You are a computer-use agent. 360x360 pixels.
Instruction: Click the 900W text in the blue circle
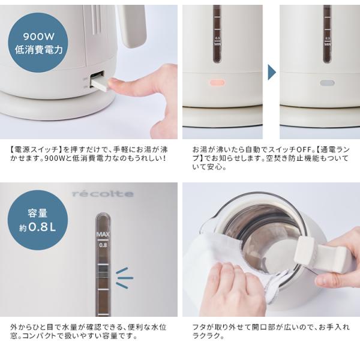pyautogui.click(x=38, y=37)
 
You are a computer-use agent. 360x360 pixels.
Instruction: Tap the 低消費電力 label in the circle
pyautogui.click(x=38, y=50)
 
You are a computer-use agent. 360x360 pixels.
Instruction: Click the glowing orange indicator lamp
pyautogui.click(x=217, y=83)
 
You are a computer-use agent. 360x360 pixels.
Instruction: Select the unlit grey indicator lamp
pyautogui.click(x=327, y=83)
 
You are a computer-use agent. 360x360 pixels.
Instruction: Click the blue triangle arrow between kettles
pyautogui.click(x=271, y=73)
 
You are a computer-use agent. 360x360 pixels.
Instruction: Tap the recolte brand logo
pyautogui.click(x=103, y=194)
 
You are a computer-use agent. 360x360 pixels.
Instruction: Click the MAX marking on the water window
pyautogui.click(x=103, y=235)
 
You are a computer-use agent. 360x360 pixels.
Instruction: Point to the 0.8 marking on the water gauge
pyautogui.click(x=103, y=245)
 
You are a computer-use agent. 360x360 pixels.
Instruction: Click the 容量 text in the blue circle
pyautogui.click(x=38, y=213)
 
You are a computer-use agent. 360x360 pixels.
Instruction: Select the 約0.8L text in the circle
pyautogui.click(x=38, y=227)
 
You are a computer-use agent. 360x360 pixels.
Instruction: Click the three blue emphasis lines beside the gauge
pyautogui.click(x=124, y=278)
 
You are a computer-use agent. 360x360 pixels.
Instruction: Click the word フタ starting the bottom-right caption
pyautogui.click(x=200, y=327)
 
